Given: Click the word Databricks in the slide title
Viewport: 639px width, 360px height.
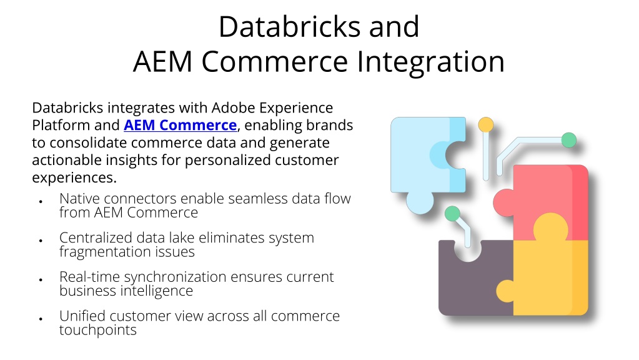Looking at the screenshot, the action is tap(290, 27).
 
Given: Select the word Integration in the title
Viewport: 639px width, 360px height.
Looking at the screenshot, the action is tap(431, 62).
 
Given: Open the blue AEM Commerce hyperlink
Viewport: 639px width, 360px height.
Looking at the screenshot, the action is tap(180, 125).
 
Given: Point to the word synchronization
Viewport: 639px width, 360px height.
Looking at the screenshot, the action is tap(176, 277).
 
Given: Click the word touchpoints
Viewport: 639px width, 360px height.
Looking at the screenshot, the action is tap(98, 330).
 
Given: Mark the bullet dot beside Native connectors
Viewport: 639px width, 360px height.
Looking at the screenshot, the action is tap(41, 201).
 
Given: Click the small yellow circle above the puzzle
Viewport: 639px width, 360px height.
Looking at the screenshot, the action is tap(486, 125).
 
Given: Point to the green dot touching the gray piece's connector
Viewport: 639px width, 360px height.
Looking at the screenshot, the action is tap(452, 214).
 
